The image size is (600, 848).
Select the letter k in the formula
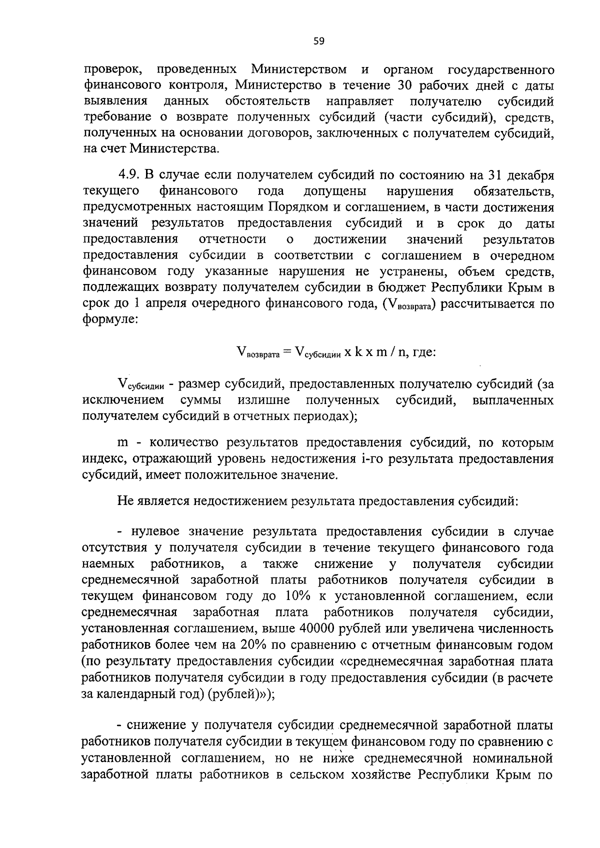pyautogui.click(x=358, y=352)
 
